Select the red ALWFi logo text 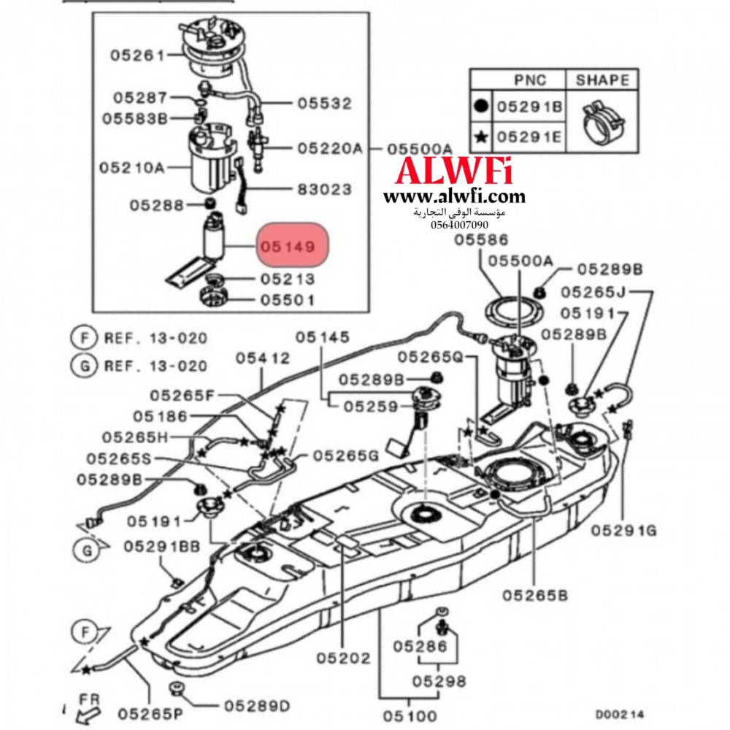tap(453, 172)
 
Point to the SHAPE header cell tap(602, 80)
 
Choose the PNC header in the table tap(529, 80)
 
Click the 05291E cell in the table tap(529, 136)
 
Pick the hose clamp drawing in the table tap(602, 120)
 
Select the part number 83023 tap(324, 189)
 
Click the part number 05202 tap(344, 658)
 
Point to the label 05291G tap(623, 530)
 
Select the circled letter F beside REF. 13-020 tap(85, 338)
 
